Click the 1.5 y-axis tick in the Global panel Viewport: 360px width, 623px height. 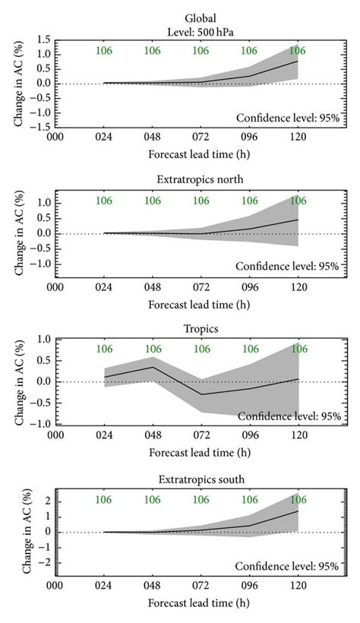click(x=43, y=40)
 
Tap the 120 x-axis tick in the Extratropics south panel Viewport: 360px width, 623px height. click(x=298, y=587)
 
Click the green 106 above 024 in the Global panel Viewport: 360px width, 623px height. click(x=104, y=51)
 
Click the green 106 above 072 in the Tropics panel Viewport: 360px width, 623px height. click(x=201, y=349)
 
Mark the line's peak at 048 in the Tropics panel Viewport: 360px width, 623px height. click(x=153, y=367)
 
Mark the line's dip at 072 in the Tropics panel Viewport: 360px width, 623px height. click(x=201, y=394)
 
